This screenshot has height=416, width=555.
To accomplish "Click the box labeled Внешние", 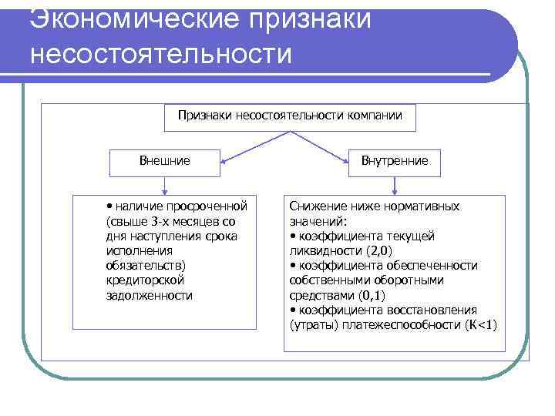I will (x=164, y=161).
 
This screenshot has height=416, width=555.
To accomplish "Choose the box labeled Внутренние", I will (x=395, y=161).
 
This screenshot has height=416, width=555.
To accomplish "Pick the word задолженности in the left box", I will (x=150, y=295).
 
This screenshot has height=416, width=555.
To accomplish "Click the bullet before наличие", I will (x=110, y=206).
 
